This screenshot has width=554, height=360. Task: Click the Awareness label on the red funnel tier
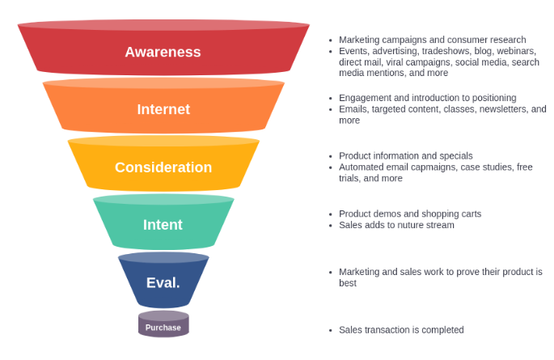click(163, 52)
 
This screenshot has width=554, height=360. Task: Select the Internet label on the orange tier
click(163, 109)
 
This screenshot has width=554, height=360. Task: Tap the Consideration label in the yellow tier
click(163, 167)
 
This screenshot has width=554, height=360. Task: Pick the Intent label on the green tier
click(163, 225)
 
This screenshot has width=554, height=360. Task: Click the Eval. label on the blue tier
click(163, 283)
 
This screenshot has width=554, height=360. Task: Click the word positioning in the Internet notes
click(490, 98)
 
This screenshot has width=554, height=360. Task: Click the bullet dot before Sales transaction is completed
click(330, 330)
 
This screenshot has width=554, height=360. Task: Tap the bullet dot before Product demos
click(330, 214)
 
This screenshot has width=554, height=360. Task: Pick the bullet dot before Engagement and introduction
click(330, 99)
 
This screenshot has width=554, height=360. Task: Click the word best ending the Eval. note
click(348, 283)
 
